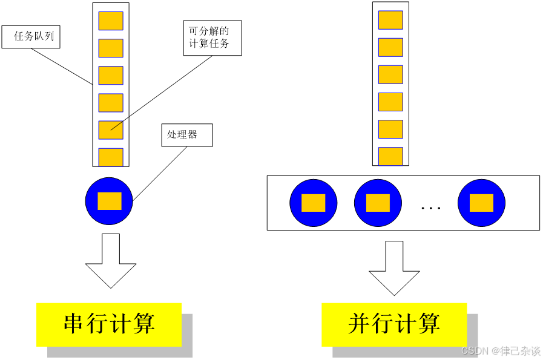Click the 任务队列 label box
point(31,36)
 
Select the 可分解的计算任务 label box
point(212,38)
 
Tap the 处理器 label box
point(186,135)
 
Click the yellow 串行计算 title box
point(109,324)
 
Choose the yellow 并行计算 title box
point(394,324)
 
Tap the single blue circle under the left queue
point(109,201)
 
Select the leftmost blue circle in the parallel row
point(313,203)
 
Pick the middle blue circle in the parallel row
point(378,203)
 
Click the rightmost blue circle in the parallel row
point(481,203)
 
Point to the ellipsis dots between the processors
point(430,208)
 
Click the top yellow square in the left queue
point(111,21)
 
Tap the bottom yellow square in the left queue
point(111,157)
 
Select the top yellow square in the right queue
point(390,20)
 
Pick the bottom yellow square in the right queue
point(390,156)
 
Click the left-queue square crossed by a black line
point(111,129)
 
